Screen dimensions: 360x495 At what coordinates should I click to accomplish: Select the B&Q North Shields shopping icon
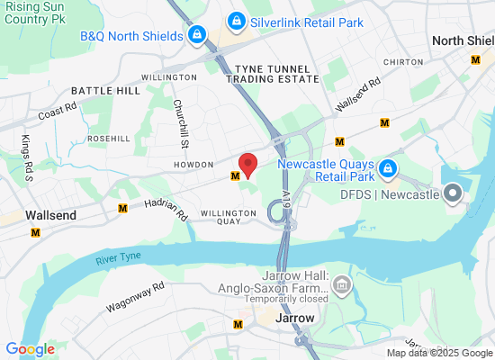point(195,36)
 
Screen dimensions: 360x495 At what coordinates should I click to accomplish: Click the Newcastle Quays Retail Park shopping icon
point(387,167)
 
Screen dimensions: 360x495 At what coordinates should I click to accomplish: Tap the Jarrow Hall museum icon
point(341,286)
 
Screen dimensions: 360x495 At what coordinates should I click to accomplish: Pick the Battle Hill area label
point(105,91)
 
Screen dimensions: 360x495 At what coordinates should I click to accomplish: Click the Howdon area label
point(193,165)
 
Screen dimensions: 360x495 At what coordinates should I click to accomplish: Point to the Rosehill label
point(110,139)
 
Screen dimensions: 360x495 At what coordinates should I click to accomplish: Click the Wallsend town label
point(50,216)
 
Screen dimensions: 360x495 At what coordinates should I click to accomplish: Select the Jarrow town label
point(295,319)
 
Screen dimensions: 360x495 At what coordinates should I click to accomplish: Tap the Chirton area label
point(402,62)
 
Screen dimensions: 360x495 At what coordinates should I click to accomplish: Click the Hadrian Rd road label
point(165,210)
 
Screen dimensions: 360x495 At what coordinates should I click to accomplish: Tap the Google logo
point(30,349)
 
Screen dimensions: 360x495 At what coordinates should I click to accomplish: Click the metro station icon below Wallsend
point(36,232)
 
